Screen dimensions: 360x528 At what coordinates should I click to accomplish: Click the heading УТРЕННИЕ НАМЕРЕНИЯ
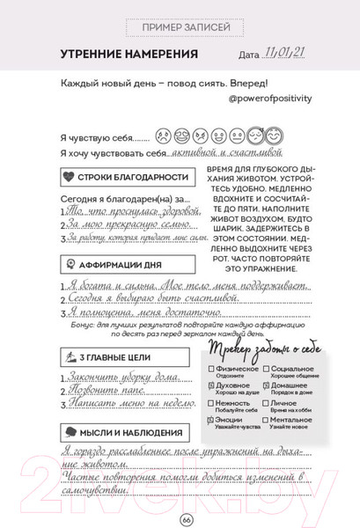pos(128,55)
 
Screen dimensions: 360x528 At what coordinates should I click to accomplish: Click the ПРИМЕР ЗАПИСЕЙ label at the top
pos(180,28)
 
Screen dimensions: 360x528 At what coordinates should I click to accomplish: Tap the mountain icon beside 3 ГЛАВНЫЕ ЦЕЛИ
pos(70,356)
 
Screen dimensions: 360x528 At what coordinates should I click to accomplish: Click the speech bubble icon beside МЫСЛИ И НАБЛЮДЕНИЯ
pos(70,431)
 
